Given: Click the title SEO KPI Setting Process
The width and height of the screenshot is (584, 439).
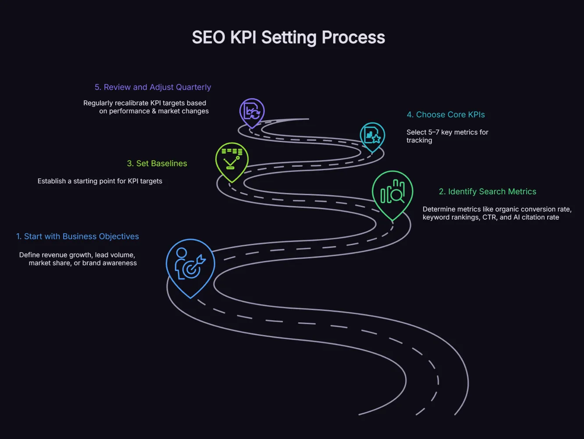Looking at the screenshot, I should pyautogui.click(x=288, y=38).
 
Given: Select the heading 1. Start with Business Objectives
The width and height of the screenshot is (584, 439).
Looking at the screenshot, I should pyautogui.click(x=78, y=236).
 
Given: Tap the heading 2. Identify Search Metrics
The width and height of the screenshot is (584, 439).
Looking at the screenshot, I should pyautogui.click(x=488, y=192).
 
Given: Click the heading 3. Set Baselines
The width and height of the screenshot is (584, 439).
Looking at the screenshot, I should pyautogui.click(x=157, y=164).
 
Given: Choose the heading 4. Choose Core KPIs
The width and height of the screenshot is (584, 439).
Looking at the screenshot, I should pyautogui.click(x=446, y=115).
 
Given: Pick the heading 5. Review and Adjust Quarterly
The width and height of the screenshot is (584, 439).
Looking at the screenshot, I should pyautogui.click(x=153, y=87).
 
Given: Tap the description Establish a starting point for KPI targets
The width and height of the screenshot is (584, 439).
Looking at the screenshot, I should pyautogui.click(x=100, y=181).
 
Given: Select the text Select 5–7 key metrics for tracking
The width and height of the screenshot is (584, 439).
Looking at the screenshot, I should pyautogui.click(x=447, y=136).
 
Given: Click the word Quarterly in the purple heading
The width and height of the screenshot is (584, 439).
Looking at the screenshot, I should pyautogui.click(x=193, y=87).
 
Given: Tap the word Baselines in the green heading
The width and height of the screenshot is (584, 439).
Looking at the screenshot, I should pyautogui.click(x=168, y=164).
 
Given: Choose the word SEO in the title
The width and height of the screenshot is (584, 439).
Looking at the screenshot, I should pyautogui.click(x=208, y=38).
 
